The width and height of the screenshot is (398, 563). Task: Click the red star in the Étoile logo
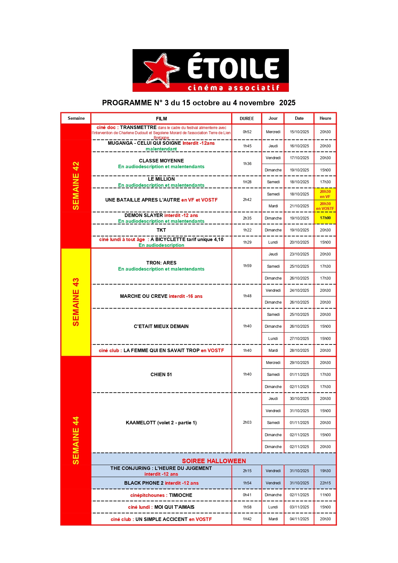160,69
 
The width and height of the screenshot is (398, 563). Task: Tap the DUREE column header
247,118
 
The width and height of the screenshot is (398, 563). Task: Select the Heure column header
325,118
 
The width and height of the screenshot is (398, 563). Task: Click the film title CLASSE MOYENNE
161,161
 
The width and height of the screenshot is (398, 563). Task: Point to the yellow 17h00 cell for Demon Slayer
325,218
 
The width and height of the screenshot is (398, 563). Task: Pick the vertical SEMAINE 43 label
76,302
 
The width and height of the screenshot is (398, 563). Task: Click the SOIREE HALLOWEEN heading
214,461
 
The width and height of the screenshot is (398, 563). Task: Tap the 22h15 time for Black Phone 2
325,483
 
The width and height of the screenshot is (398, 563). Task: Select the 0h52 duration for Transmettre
247,132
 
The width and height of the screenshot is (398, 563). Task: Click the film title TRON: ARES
161,263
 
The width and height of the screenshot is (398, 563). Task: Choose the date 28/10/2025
299,351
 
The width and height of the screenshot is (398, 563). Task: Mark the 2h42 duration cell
247,200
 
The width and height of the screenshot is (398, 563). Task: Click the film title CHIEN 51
161,375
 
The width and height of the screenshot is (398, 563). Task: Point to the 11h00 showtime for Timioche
325,495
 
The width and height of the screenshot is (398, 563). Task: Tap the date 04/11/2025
299,519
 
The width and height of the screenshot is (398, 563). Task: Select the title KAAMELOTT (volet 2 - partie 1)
161,423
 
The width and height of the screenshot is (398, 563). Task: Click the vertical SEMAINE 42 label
76,186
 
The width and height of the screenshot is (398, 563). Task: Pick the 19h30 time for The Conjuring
325,471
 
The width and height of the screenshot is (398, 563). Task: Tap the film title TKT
161,230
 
